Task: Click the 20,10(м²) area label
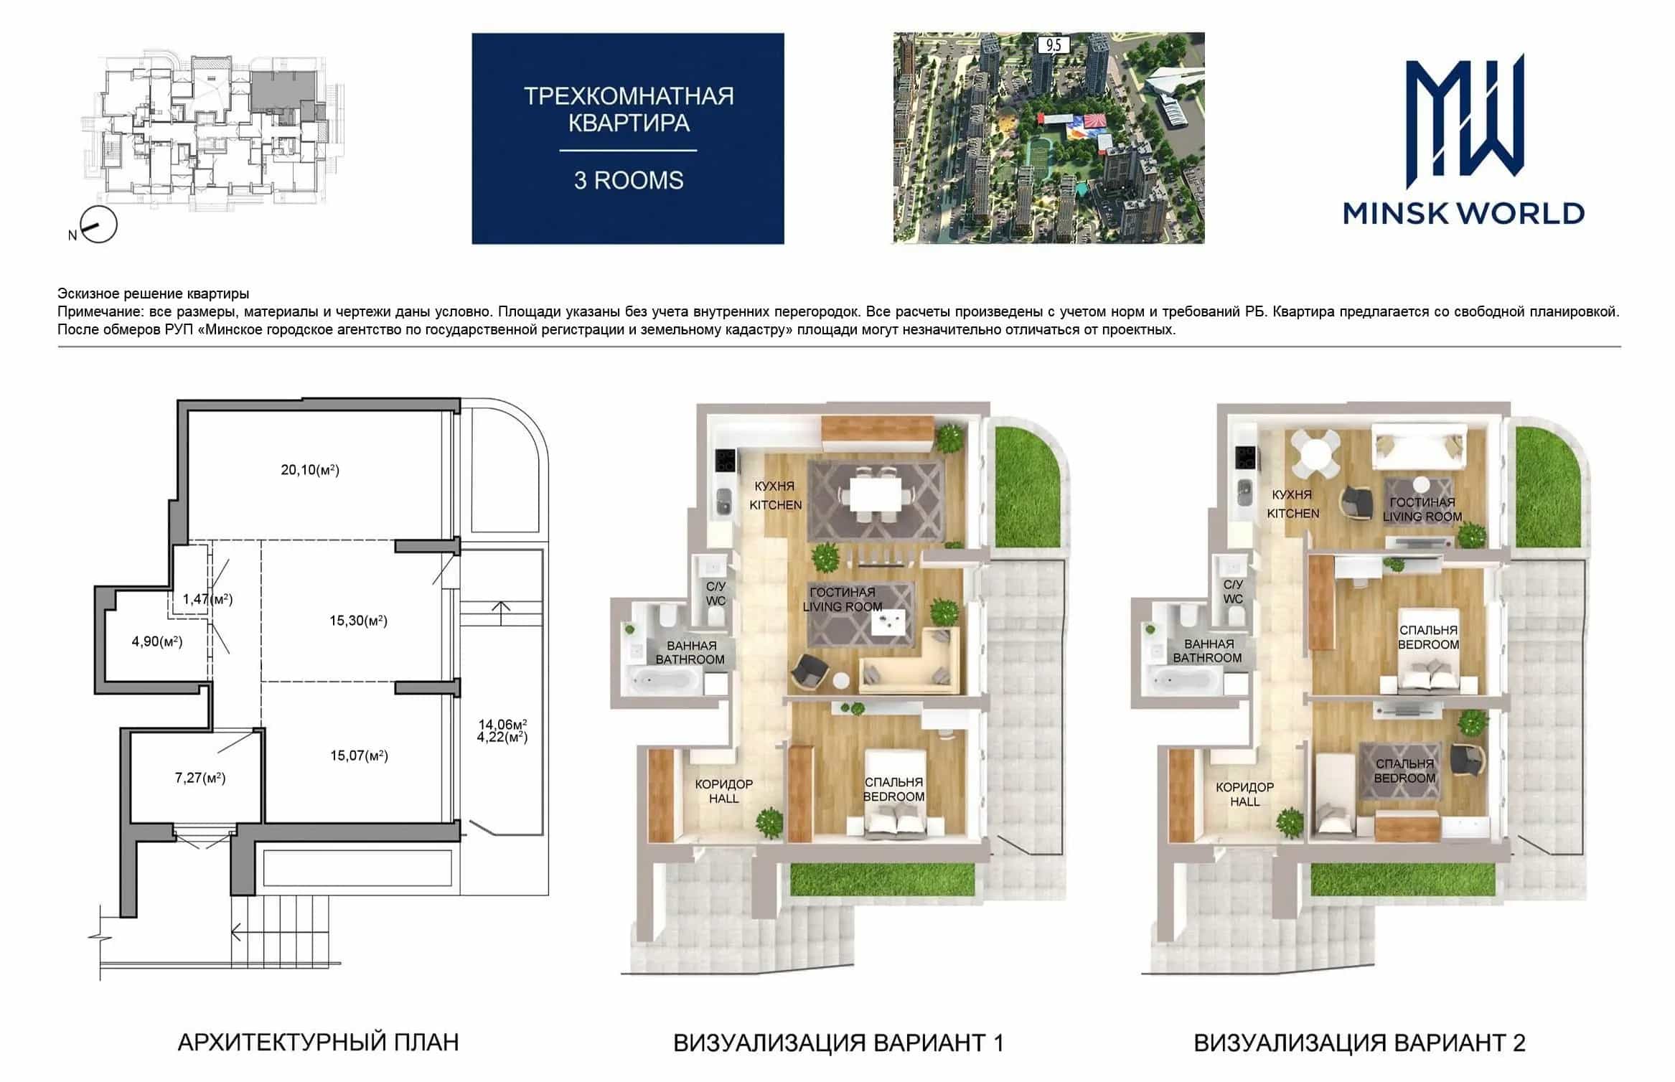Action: click(x=310, y=470)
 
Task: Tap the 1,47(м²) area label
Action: click(x=207, y=599)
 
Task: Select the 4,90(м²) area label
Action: click(x=157, y=641)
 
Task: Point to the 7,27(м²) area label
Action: click(x=200, y=778)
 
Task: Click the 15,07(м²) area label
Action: click(x=359, y=756)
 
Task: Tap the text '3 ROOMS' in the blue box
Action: click(x=629, y=180)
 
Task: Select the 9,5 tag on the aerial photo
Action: click(x=1054, y=45)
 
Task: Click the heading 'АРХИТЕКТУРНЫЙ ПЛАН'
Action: click(x=318, y=1042)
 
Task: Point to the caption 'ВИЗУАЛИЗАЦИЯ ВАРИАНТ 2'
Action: click(x=1359, y=1043)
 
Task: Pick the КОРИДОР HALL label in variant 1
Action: click(x=723, y=791)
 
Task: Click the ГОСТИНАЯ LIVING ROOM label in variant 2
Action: click(x=1422, y=509)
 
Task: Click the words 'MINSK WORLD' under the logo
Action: click(x=1464, y=213)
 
